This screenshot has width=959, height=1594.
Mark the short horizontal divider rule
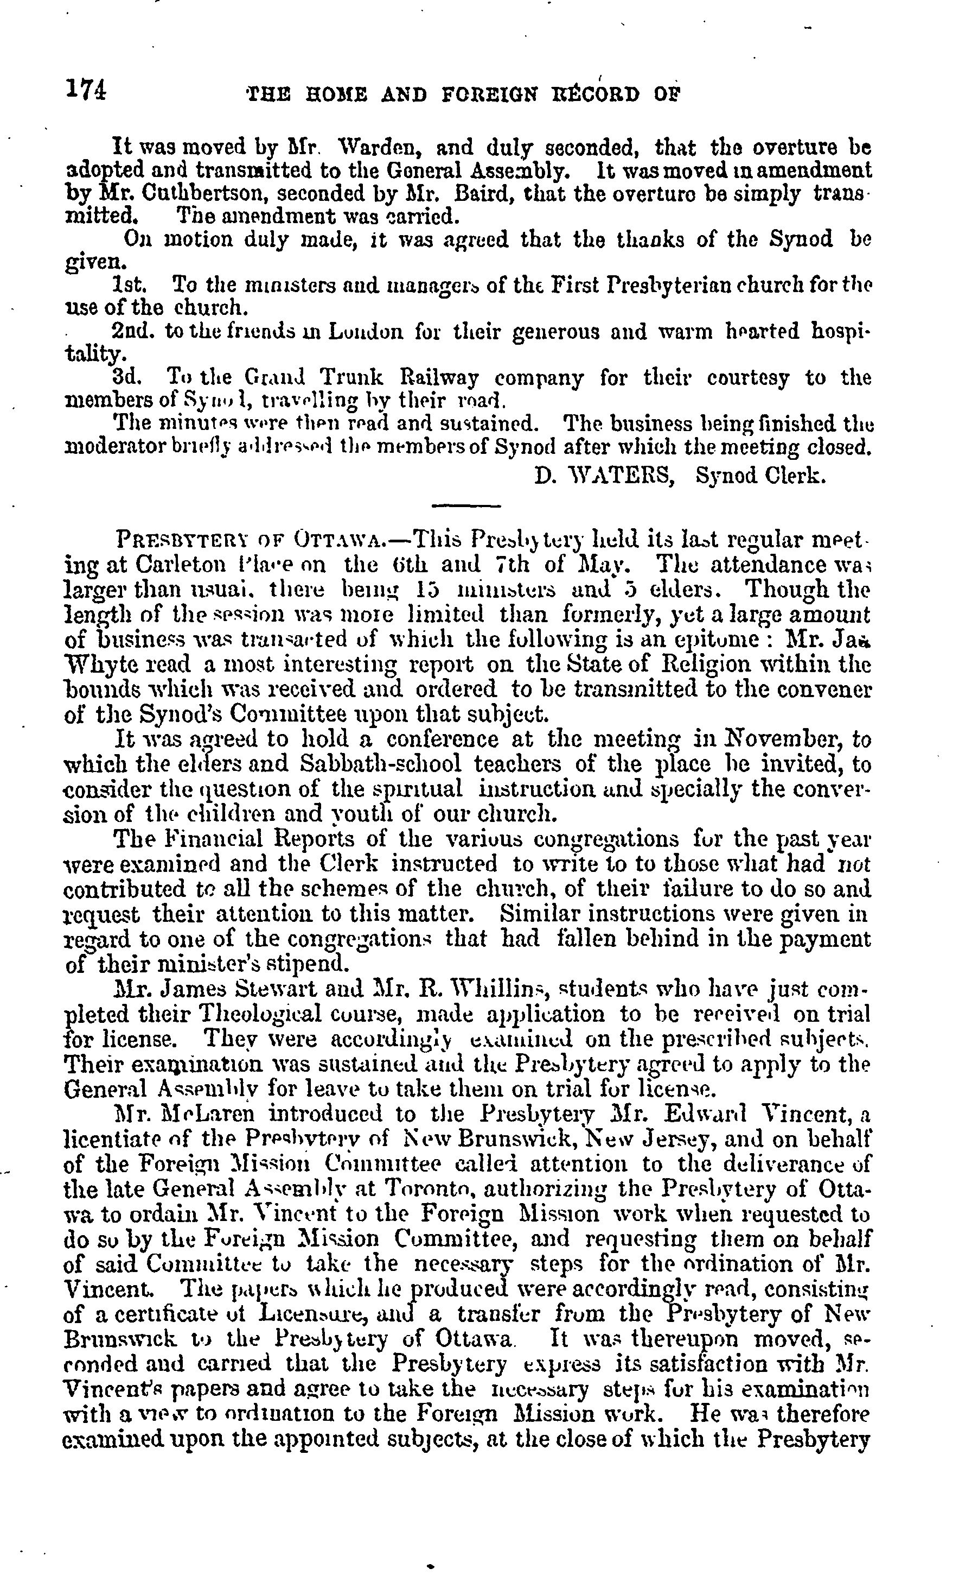tap(465, 505)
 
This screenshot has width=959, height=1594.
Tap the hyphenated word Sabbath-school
tap(381, 764)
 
